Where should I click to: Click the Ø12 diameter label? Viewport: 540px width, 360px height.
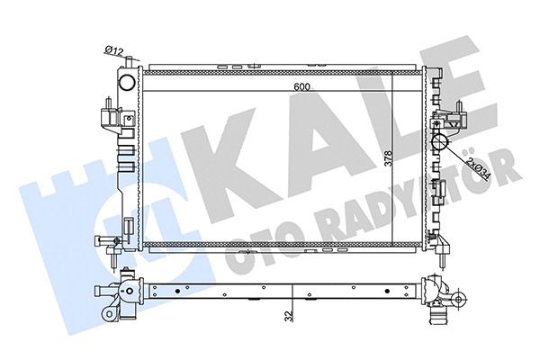click(x=113, y=51)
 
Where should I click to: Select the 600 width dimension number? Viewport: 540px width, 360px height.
click(x=302, y=86)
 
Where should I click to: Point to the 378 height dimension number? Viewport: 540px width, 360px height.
click(x=388, y=158)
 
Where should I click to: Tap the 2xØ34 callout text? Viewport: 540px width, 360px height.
click(x=478, y=169)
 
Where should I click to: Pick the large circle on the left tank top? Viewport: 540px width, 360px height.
click(x=127, y=83)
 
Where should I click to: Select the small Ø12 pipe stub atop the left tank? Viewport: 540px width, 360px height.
click(x=129, y=62)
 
